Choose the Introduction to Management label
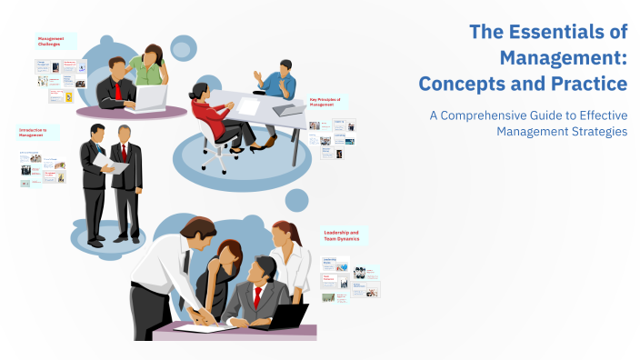35,133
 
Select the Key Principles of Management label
329,102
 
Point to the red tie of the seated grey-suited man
258,296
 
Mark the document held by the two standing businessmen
106,162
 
